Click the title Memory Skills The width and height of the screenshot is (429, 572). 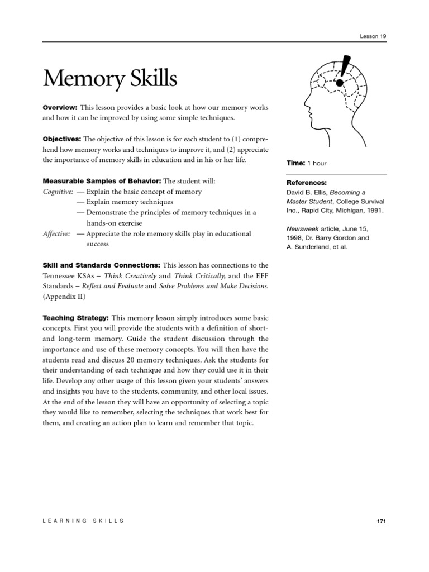(x=110, y=79)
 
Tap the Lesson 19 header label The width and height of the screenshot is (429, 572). (x=373, y=36)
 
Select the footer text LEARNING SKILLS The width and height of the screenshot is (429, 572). (x=83, y=521)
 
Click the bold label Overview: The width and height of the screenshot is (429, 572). (x=60, y=107)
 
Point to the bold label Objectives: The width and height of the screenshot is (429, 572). (x=62, y=139)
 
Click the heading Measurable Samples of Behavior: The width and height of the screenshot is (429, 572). (x=102, y=182)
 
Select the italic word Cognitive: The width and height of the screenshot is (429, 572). (x=58, y=192)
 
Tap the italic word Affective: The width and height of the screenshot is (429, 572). (x=57, y=234)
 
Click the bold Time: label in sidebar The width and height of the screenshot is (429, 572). (x=295, y=163)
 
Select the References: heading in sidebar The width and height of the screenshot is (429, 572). (x=307, y=183)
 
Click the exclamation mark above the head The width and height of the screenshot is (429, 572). (x=344, y=70)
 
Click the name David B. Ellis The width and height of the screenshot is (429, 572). (x=307, y=192)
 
